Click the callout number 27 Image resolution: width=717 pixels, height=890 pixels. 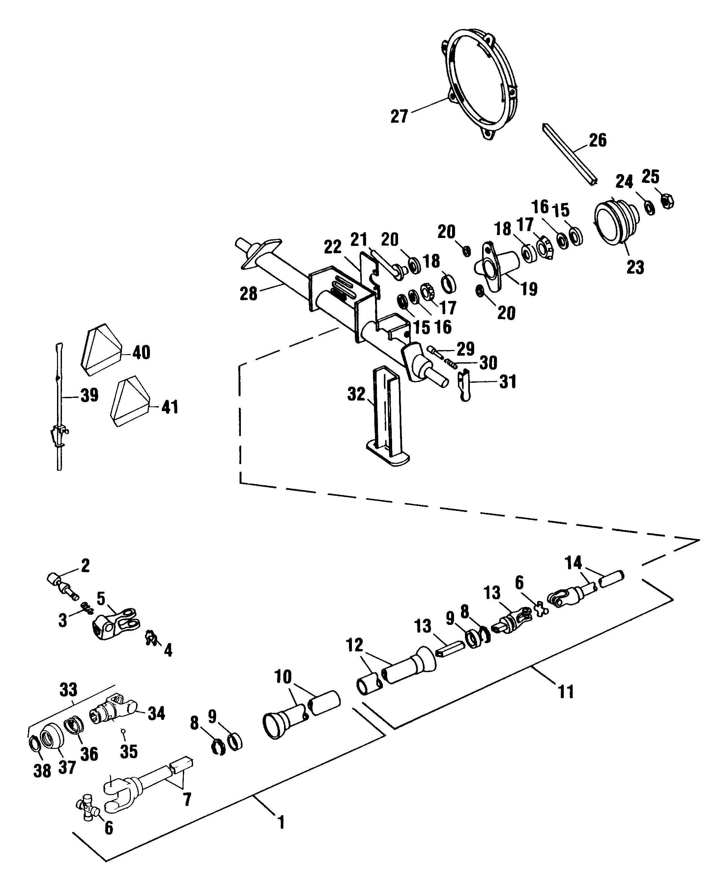(x=399, y=116)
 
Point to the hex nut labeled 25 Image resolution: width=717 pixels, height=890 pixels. (x=667, y=201)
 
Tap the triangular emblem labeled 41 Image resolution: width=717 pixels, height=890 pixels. (x=129, y=401)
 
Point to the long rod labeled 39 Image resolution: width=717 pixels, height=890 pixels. (x=59, y=397)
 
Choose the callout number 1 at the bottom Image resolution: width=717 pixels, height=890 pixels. (x=281, y=831)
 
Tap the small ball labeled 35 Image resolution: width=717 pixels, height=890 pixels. (x=123, y=730)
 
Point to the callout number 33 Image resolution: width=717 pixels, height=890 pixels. (x=69, y=690)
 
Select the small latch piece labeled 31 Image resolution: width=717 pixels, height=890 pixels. (x=465, y=386)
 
